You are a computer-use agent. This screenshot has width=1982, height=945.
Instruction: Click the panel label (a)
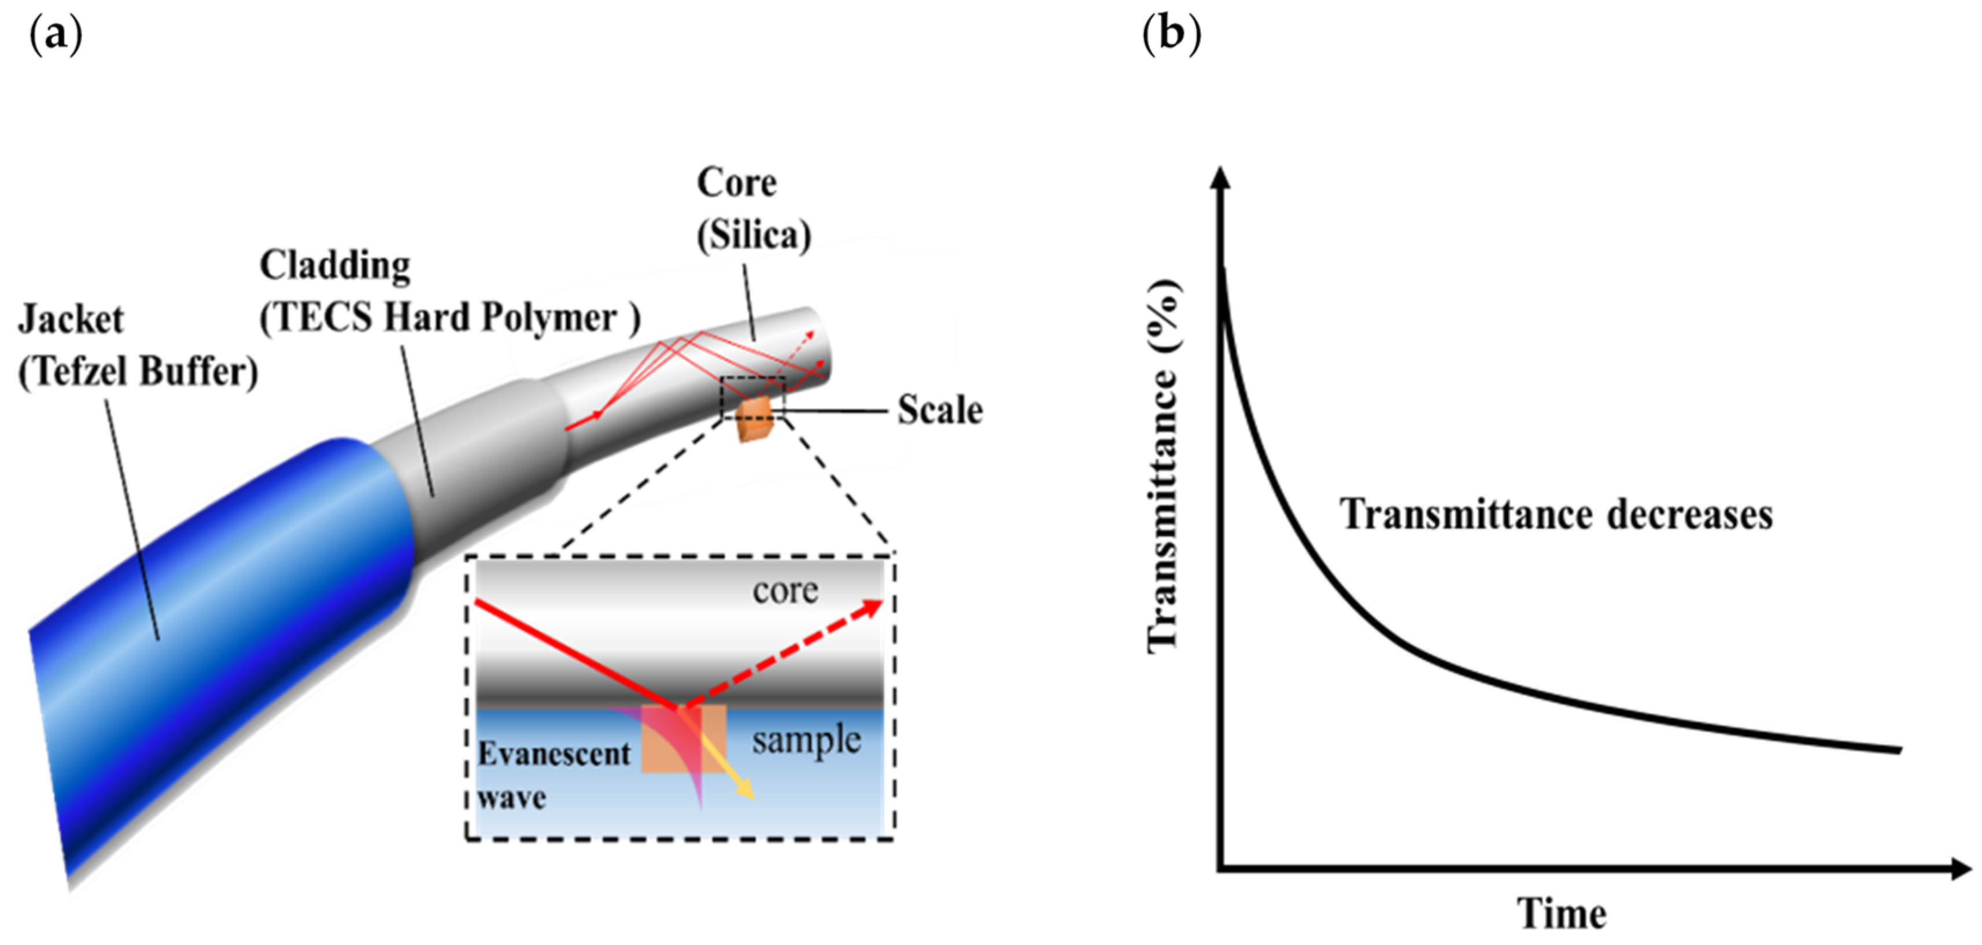[x=56, y=35]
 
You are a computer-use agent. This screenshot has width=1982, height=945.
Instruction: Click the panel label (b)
[x=1171, y=35]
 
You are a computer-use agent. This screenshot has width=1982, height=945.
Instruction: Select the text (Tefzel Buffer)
[x=138, y=372]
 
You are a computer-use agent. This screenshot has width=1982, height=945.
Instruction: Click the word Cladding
[x=335, y=266]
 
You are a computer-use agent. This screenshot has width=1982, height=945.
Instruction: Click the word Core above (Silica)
[x=736, y=183]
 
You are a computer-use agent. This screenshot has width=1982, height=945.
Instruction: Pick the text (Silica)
[x=754, y=235]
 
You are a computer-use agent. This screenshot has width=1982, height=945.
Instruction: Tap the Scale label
[x=940, y=410]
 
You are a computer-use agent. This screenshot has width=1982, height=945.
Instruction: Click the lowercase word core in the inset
[x=785, y=591]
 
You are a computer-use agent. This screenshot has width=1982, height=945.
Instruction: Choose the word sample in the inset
[x=806, y=740]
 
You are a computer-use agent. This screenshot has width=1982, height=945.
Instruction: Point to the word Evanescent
[x=554, y=754]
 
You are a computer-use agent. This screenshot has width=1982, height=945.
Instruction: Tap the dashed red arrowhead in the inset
[x=872, y=608]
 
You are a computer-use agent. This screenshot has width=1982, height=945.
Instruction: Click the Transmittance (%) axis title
[x=1164, y=466]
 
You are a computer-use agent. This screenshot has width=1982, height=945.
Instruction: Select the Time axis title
[x=1562, y=914]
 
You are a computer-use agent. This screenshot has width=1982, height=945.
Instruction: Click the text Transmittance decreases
[x=1556, y=514]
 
